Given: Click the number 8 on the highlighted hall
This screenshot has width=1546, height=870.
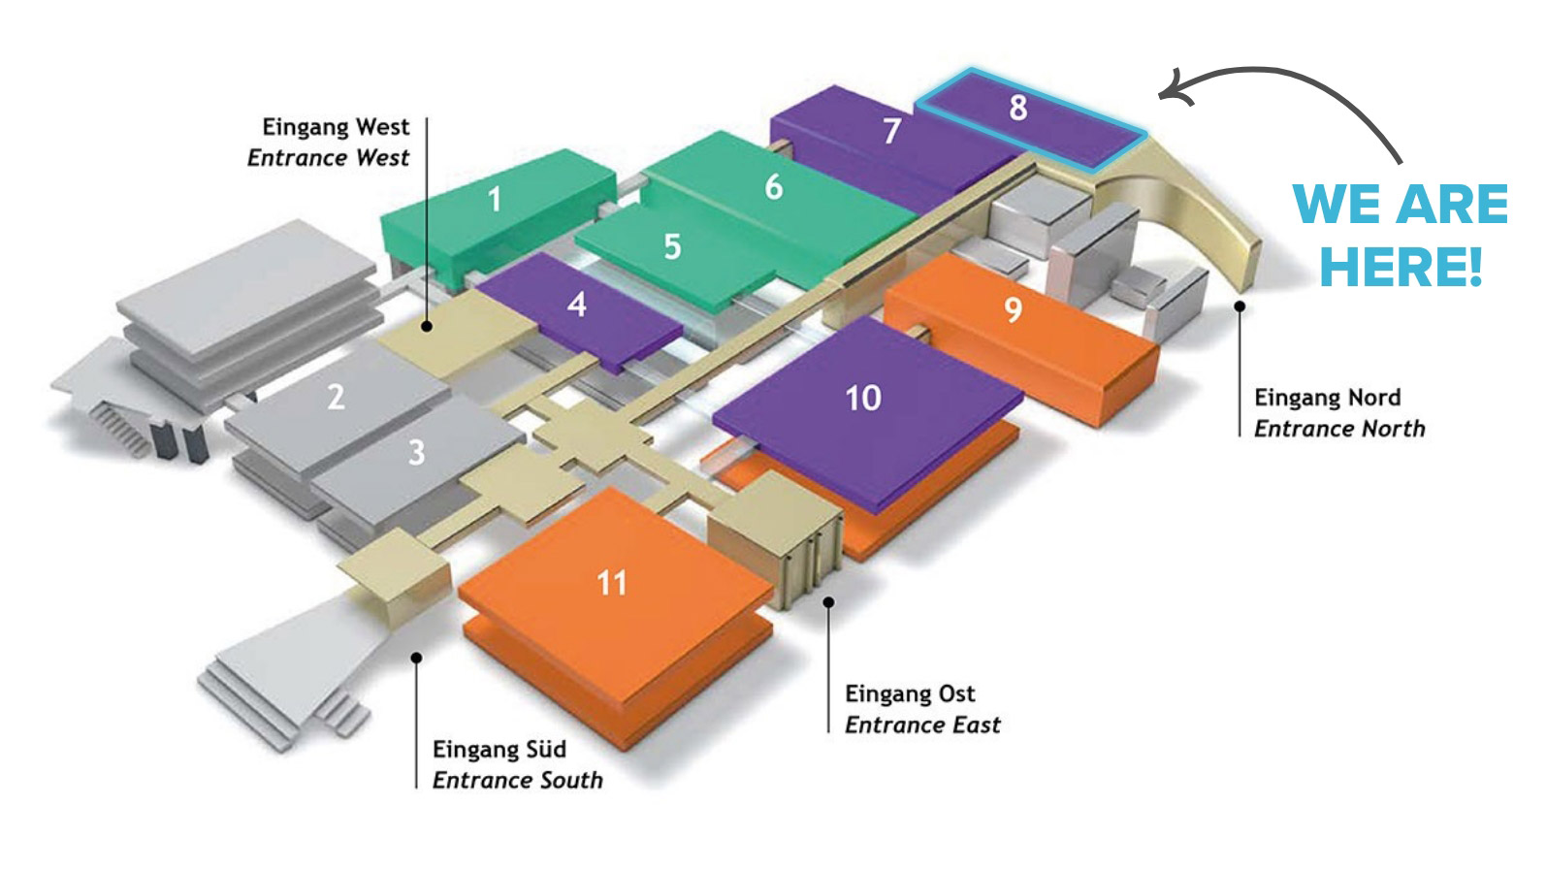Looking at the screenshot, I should point(1017,107).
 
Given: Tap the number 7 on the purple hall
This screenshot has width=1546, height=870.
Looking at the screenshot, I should point(892,131).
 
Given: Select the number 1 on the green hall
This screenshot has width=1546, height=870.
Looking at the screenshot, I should point(495,200).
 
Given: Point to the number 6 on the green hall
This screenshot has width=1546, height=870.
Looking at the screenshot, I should point(773,186).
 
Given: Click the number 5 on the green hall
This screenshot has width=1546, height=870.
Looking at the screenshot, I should point(672,247).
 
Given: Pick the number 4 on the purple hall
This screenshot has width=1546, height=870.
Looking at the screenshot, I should point(577,305).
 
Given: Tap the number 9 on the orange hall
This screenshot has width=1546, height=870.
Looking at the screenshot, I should point(1013,309).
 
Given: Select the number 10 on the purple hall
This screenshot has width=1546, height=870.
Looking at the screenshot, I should point(862,398).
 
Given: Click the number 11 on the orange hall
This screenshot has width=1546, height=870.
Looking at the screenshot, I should point(611,583).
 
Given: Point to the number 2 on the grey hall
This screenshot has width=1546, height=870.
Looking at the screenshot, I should point(336,397).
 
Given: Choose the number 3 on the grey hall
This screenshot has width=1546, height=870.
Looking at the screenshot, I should point(416,452).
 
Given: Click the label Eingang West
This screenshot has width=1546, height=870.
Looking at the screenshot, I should point(336,127).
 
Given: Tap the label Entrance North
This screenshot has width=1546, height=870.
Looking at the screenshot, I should point(1339,429).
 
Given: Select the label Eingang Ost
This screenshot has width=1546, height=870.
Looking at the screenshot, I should point(910,693).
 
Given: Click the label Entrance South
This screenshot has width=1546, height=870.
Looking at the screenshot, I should point(517,781).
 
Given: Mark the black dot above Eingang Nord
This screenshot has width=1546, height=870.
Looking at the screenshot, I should point(1239,306).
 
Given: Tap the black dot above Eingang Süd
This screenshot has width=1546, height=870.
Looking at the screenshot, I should point(416,657).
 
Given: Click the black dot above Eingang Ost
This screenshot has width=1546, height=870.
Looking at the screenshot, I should point(828,602).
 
